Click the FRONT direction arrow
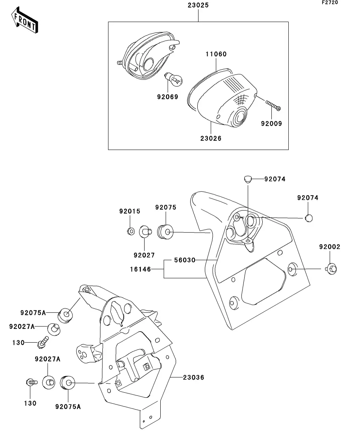pyautogui.click(x=24, y=20)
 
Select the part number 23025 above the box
pyautogui.click(x=198, y=5)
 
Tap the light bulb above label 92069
pyautogui.click(x=173, y=79)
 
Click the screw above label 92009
pyautogui.click(x=273, y=105)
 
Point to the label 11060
pyautogui.click(x=216, y=54)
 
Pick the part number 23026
pyautogui.click(x=211, y=138)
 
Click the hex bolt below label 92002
pyautogui.click(x=331, y=269)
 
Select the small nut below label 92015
pyautogui.click(x=131, y=231)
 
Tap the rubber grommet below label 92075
pyautogui.click(x=165, y=232)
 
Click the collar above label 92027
pyautogui.click(x=145, y=231)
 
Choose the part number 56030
pyautogui.click(x=185, y=260)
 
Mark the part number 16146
pyautogui.click(x=141, y=269)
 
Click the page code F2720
pyautogui.click(x=330, y=2)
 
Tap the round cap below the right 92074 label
pyautogui.click(x=309, y=218)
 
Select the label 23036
pyautogui.click(x=193, y=377)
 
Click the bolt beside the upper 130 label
pyautogui.click(x=43, y=342)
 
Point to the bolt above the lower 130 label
pyautogui.click(x=32, y=382)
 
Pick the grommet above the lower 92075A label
pyautogui.click(x=67, y=382)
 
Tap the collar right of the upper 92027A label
pyautogui.click(x=54, y=329)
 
